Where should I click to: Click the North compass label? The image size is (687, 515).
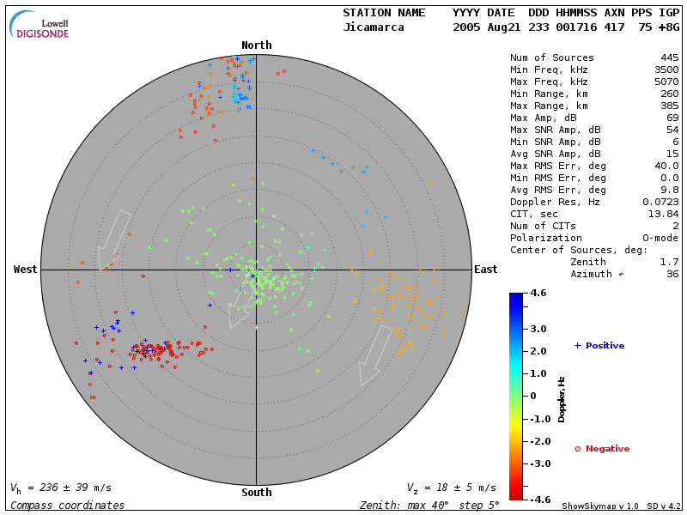tap(256, 45)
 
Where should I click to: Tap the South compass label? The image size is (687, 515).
tap(256, 493)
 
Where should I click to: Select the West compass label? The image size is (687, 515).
tap(26, 270)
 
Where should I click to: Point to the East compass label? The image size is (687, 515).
tap(485, 270)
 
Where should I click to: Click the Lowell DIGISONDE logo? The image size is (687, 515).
tap(40, 25)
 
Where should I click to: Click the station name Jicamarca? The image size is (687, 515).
tap(373, 27)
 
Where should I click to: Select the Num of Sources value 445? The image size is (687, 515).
tap(666, 58)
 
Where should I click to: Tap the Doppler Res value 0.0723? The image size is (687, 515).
tap(658, 202)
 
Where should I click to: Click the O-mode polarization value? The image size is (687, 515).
tap(658, 238)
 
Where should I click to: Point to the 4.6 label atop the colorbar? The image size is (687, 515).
tap(538, 294)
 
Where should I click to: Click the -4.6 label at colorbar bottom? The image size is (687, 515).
tap(538, 498)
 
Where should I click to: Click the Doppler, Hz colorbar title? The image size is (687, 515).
tap(562, 399)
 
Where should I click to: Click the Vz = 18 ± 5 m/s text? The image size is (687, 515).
tap(451, 488)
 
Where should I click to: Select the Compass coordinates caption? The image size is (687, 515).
tap(68, 506)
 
